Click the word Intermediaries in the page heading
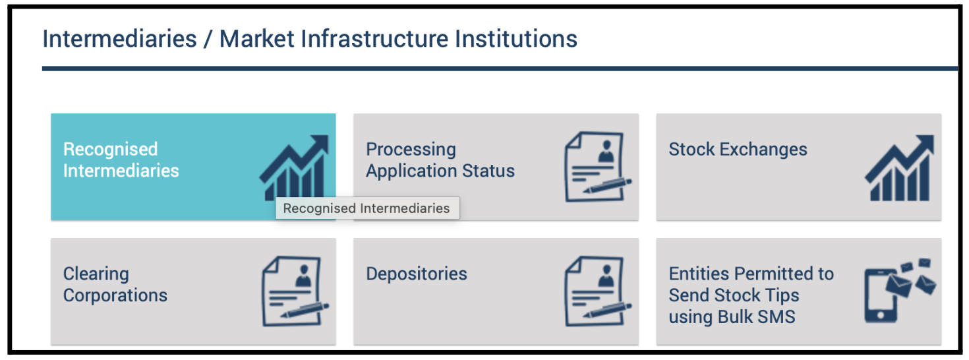(119, 38)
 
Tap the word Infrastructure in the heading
(374, 38)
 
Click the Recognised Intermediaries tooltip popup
(367, 208)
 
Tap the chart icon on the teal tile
(294, 167)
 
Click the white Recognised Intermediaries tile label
(121, 160)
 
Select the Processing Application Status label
(440, 160)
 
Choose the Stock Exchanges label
(738, 149)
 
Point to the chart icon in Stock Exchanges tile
(900, 167)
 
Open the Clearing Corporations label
(115, 284)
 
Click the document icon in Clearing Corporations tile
(295, 291)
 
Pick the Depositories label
(417, 274)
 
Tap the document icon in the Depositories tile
(599, 291)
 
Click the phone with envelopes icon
(900, 290)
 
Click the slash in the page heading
(208, 39)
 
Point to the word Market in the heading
(257, 38)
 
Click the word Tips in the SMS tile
(781, 295)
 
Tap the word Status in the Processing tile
(488, 171)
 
